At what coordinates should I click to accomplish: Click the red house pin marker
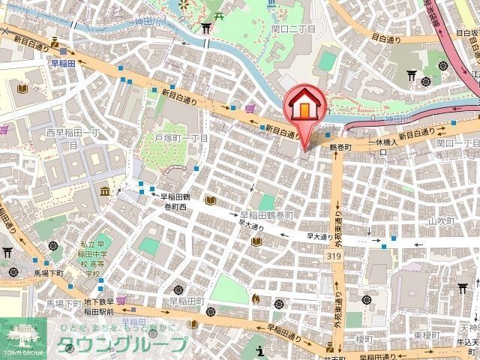pyautogui.click(x=304, y=106)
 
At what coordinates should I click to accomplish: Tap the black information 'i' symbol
pyautogui.click(x=259, y=349)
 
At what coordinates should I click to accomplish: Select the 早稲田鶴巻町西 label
pyautogui.click(x=168, y=201)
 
